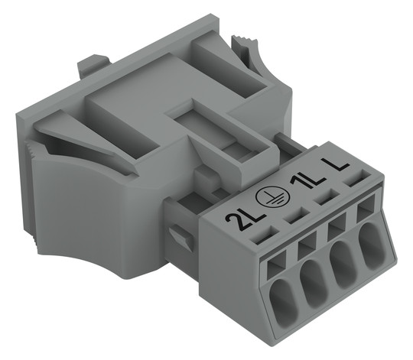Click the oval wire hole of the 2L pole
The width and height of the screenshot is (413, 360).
[x=285, y=298]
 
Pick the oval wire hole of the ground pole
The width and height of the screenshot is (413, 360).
[x=315, y=279]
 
